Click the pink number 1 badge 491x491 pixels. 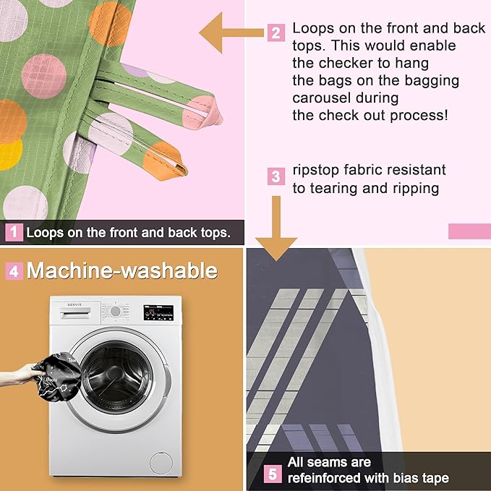point(14,232)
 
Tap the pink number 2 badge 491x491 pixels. point(276,33)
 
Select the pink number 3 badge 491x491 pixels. point(276,176)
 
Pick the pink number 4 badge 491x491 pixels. point(14,271)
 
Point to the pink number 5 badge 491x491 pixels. point(273,474)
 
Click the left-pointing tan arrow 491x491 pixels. point(231,33)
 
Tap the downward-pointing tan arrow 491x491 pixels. point(276,229)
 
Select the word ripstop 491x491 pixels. point(315,171)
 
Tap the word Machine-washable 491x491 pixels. point(122,270)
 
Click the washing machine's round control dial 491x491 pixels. point(115,311)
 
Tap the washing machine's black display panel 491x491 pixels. point(158,312)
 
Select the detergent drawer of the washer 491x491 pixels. point(75,313)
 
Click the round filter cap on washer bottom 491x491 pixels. point(161,463)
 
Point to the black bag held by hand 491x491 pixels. point(58,377)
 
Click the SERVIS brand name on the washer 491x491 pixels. point(74,304)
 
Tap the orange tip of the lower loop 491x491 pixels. point(165,161)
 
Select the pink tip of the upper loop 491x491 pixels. point(202,112)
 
